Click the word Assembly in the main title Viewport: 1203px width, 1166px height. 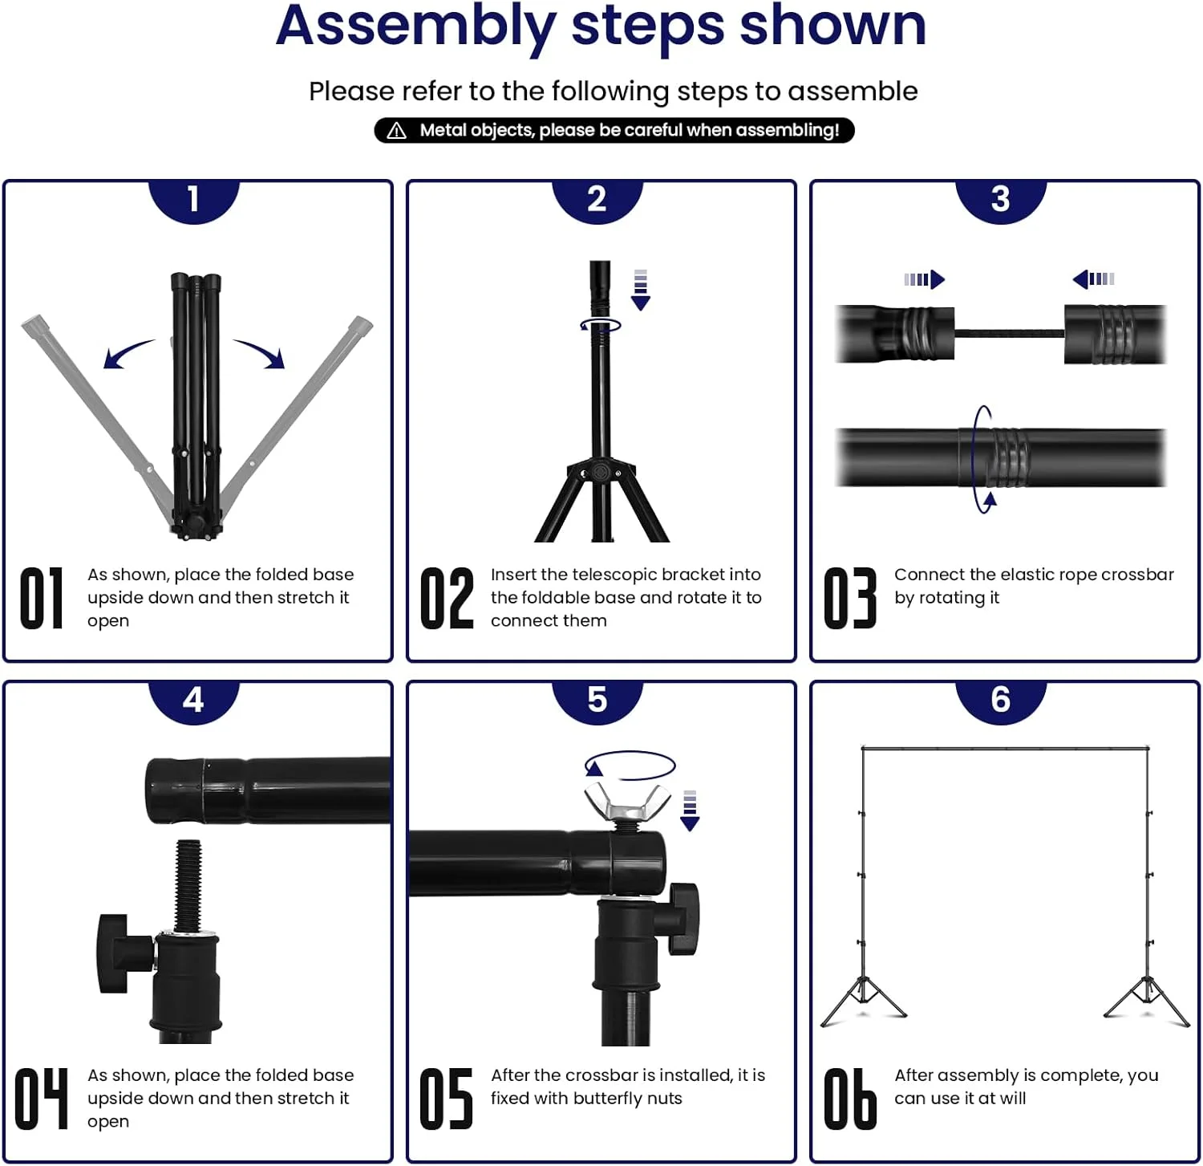click(x=415, y=27)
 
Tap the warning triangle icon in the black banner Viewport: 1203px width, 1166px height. click(x=397, y=131)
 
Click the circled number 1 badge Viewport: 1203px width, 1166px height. click(x=194, y=200)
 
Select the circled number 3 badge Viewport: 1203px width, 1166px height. click(x=1001, y=200)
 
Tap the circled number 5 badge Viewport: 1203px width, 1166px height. click(x=597, y=701)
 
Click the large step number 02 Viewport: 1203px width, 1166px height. click(x=447, y=598)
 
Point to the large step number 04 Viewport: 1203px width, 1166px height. click(x=42, y=1099)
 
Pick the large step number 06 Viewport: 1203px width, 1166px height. click(x=850, y=1099)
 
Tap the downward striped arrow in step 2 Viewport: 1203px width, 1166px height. click(x=640, y=290)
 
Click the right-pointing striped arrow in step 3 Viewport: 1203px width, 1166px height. click(x=925, y=279)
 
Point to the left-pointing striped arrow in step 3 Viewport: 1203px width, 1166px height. click(x=1093, y=279)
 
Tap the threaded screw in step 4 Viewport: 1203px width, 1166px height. click(x=188, y=886)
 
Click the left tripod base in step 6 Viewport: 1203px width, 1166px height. click(x=863, y=1000)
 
